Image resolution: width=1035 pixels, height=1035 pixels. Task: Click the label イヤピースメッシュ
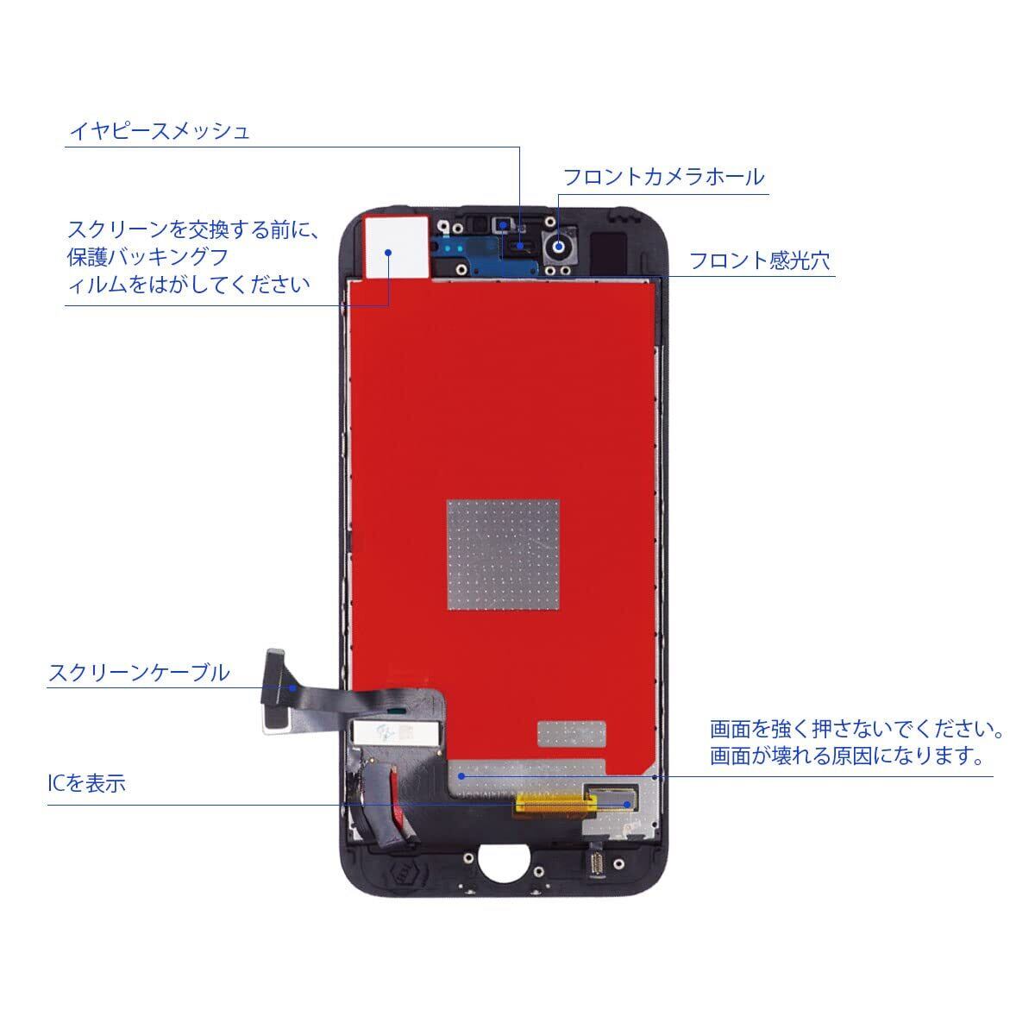160,131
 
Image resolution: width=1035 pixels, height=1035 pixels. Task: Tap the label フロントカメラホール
663,177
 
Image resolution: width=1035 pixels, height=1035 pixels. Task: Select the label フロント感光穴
759,260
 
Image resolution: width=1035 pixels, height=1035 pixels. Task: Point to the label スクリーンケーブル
139,673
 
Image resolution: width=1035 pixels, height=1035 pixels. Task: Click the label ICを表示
87,784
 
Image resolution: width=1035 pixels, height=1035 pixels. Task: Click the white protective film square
396,247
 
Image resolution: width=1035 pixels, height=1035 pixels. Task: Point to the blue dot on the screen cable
292,687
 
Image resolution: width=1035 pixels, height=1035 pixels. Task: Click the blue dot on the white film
389,253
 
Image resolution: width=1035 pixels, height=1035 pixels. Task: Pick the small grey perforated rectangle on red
574,731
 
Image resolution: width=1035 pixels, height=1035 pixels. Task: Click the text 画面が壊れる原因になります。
848,756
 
